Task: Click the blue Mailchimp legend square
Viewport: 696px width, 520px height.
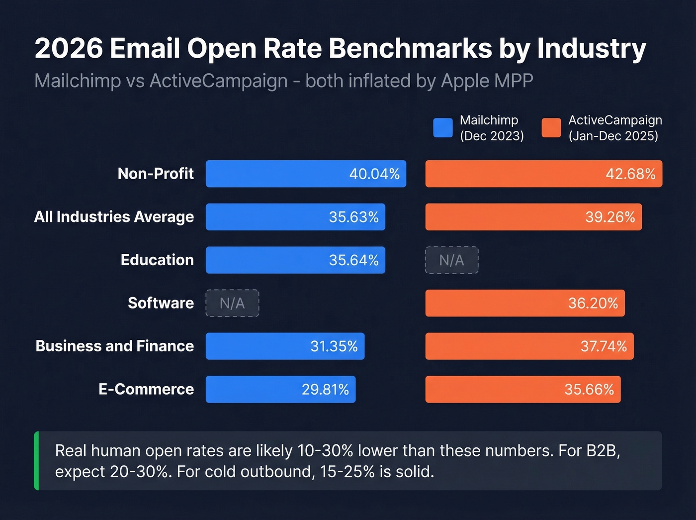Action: (x=442, y=127)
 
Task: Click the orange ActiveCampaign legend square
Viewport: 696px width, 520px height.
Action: (x=551, y=127)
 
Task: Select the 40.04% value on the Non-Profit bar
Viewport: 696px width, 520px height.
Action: (x=374, y=174)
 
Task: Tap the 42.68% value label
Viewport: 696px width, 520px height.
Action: (x=630, y=174)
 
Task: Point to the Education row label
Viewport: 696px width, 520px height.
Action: (x=157, y=260)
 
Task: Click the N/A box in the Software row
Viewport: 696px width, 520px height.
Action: (x=232, y=303)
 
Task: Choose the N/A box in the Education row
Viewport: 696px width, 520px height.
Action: (x=451, y=260)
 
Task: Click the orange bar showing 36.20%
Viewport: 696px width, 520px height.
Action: (x=524, y=303)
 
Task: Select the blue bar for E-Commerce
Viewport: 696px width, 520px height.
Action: (x=280, y=389)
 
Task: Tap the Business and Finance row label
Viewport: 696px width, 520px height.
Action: (x=115, y=346)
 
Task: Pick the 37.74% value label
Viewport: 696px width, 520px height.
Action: (x=604, y=346)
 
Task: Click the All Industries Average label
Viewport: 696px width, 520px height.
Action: (x=114, y=217)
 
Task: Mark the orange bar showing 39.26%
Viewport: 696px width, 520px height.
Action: (x=533, y=217)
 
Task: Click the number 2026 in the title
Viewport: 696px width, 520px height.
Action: (x=69, y=49)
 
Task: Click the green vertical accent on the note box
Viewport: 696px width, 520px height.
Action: (x=36, y=461)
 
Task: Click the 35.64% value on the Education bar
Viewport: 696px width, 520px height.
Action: (x=353, y=260)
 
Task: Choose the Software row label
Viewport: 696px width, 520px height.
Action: (x=161, y=303)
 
